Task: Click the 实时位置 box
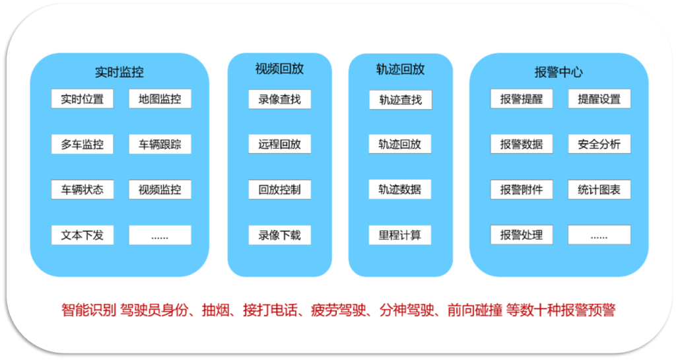pos(82,99)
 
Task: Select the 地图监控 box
pos(160,99)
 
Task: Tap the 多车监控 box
pos(82,144)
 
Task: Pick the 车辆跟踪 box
pos(160,144)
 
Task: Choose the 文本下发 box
pos(82,234)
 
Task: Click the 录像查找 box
pos(279,99)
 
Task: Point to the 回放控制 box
pos(279,190)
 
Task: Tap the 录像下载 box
pos(279,234)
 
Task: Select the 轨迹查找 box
pos(400,100)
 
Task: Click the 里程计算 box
pos(400,234)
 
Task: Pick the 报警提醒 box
pos(522,99)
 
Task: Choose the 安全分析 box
pos(599,144)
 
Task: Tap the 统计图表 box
pos(599,190)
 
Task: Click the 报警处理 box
pos(522,234)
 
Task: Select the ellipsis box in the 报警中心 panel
pos(599,234)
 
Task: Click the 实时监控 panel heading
pos(119,72)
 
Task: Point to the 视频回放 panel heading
pos(279,69)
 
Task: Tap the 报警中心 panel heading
pos(558,72)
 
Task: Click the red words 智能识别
pos(88,310)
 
